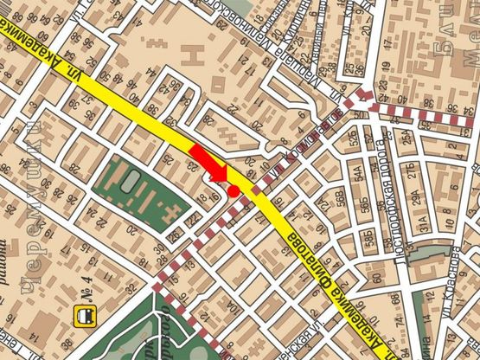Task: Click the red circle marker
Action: click(x=234, y=190)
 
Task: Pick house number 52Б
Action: click(x=354, y=139)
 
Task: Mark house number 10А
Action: click(x=232, y=307)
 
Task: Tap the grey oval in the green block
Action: click(x=131, y=183)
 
